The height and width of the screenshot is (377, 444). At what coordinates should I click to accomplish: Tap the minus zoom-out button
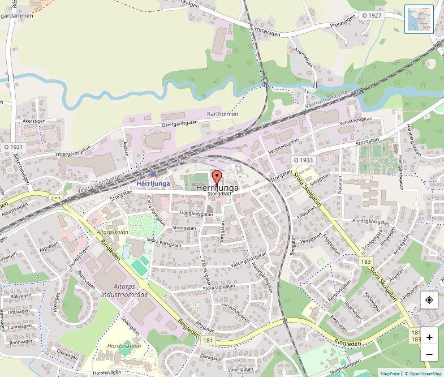click(429, 354)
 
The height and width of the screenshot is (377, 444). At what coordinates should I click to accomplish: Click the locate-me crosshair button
click(429, 300)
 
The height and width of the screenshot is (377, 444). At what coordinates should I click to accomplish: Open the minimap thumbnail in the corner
click(419, 19)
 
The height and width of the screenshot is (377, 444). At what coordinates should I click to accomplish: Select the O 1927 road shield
click(372, 15)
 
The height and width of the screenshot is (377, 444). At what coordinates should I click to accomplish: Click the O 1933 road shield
click(303, 160)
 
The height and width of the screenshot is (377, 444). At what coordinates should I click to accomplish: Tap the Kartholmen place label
click(223, 114)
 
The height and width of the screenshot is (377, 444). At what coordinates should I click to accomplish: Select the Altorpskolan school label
click(112, 232)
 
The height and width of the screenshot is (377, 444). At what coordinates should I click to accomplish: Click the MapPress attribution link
click(390, 374)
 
